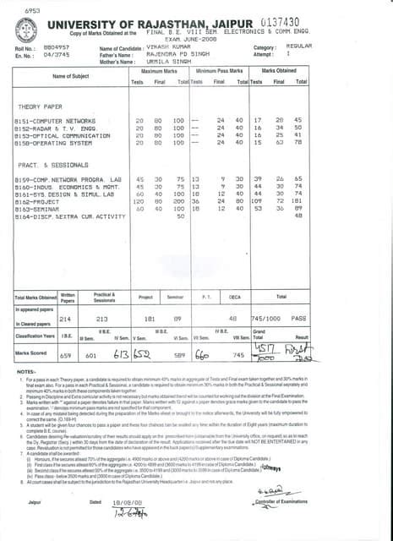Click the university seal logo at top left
32,26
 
